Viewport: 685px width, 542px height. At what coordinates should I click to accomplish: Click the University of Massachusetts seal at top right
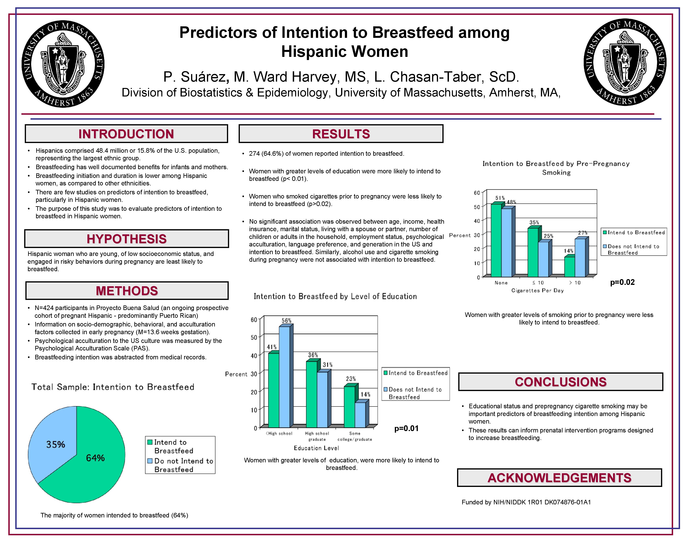[x=625, y=62]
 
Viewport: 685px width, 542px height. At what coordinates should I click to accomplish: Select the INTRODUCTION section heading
[x=126, y=134]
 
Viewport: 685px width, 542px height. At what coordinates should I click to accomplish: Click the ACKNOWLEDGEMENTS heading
[x=559, y=478]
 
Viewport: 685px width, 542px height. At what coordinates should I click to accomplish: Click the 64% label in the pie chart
[x=95, y=458]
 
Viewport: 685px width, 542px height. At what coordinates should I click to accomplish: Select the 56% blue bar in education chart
[x=284, y=376]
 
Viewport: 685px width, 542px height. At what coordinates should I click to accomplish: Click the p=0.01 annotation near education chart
[x=406, y=428]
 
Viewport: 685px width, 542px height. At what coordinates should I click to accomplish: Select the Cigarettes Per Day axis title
[x=537, y=290]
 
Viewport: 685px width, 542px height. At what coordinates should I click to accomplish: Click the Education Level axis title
[x=316, y=448]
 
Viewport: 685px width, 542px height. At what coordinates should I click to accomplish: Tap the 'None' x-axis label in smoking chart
[x=501, y=283]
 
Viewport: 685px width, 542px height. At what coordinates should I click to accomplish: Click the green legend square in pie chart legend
[x=150, y=442]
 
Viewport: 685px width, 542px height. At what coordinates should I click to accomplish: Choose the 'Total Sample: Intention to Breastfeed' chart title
[x=113, y=387]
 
